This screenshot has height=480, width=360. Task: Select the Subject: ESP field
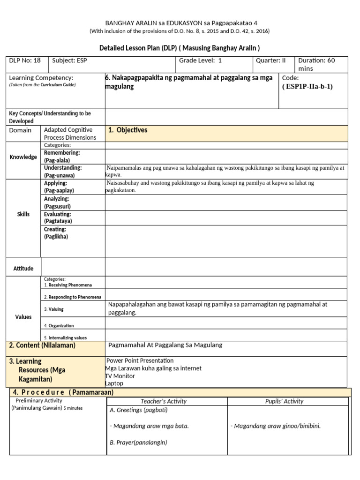[x=70, y=60]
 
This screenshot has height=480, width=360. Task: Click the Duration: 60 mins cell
[x=317, y=64]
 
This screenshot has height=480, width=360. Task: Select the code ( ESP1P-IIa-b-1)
[x=307, y=87]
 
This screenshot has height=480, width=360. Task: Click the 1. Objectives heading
[x=127, y=130]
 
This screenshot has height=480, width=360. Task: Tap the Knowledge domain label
[x=23, y=157]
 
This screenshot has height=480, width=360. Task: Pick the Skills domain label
[x=23, y=214]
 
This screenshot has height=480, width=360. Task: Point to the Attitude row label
[x=23, y=269]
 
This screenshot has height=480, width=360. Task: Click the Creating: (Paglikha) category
[x=56, y=233]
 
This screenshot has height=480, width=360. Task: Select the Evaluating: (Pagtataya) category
[x=58, y=217]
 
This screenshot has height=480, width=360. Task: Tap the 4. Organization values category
[x=59, y=326]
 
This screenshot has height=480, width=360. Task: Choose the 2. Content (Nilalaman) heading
[x=42, y=345]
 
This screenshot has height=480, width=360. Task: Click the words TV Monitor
[x=120, y=376]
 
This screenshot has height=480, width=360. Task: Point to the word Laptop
[x=114, y=383]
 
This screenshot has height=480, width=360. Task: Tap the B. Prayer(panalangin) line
[x=138, y=442]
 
